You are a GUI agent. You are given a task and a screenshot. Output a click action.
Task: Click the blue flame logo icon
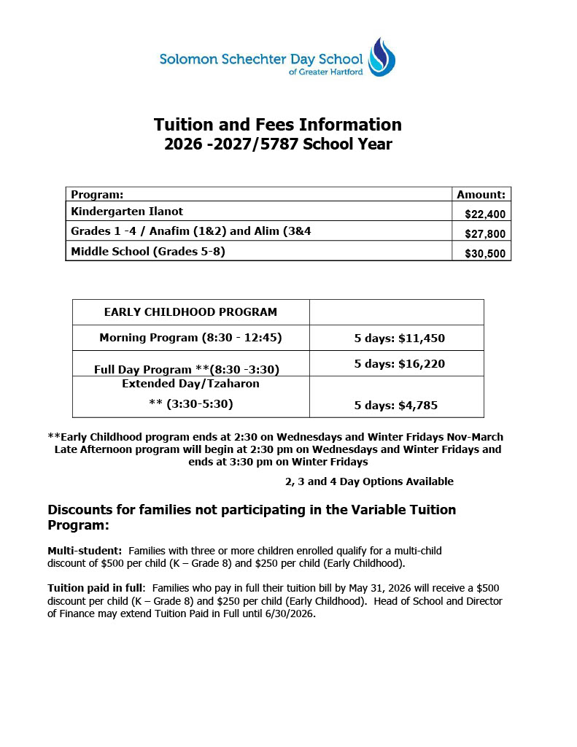point(382,57)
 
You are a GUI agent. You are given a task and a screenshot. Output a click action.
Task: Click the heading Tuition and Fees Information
point(277,124)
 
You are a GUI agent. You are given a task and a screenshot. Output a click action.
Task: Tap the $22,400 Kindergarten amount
point(486,214)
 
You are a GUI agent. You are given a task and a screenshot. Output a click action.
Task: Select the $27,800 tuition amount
point(486,234)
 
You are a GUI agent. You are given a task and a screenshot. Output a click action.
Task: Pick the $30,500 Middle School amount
point(486,254)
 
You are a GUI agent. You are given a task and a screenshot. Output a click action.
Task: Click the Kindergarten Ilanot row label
point(127,212)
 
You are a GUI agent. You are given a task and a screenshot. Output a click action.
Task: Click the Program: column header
point(97,195)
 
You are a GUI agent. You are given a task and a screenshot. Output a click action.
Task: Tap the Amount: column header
point(481,195)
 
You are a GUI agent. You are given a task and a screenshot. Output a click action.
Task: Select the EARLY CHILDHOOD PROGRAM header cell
point(190,312)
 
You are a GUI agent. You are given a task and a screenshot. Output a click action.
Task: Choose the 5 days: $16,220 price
point(399,364)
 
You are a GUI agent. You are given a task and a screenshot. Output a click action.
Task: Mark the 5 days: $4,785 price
point(395,406)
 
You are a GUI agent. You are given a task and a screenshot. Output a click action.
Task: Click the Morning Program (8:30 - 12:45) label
point(190,338)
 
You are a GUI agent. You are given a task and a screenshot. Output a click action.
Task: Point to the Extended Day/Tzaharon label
point(190,384)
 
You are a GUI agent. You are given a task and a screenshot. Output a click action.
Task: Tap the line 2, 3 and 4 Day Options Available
point(369,481)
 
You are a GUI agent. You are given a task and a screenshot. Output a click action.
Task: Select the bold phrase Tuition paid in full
point(96,588)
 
